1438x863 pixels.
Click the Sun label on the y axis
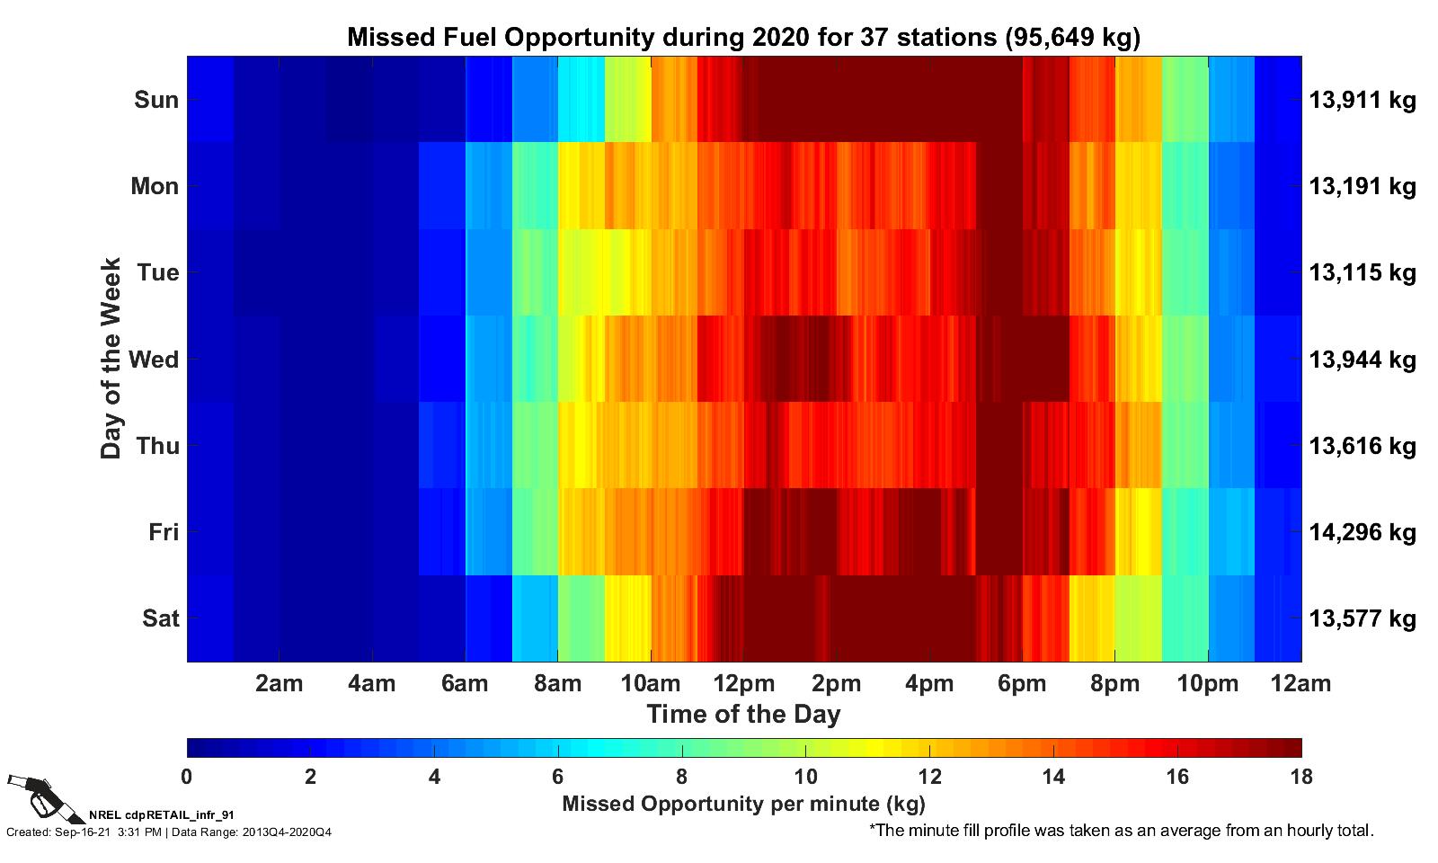[156, 100]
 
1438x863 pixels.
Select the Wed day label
[154, 360]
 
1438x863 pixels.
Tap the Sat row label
[160, 618]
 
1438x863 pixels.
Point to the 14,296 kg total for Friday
[1362, 532]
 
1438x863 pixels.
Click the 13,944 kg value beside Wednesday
[1362, 360]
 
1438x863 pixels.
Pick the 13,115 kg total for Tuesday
[1362, 272]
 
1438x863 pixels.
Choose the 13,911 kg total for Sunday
[1362, 100]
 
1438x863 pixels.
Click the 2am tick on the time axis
[279, 684]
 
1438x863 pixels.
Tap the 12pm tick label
[743, 684]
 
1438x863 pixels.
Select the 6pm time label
[1022, 684]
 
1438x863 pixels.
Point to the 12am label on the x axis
[1300, 684]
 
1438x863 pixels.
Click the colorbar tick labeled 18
[1300, 777]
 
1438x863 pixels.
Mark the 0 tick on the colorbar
[187, 777]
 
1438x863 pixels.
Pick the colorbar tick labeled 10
[805, 777]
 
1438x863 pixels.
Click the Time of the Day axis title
[743, 715]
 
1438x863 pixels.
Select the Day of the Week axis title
[111, 359]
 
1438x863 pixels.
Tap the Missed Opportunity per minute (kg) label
[743, 804]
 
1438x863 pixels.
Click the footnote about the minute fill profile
[1121, 831]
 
